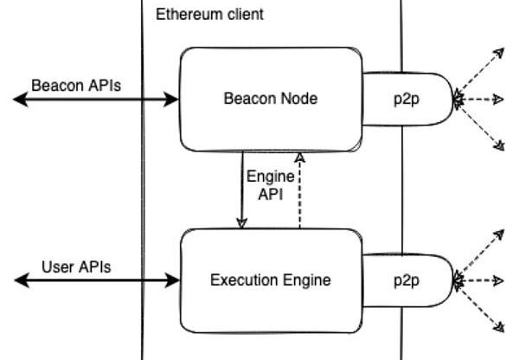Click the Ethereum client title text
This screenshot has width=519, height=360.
pyautogui.click(x=209, y=15)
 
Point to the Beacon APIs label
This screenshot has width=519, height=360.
pyautogui.click(x=76, y=86)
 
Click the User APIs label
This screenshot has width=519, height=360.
pyautogui.click(x=76, y=267)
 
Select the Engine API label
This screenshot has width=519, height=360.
pyautogui.click(x=271, y=184)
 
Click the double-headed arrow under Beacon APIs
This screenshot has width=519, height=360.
pyautogui.click(x=95, y=100)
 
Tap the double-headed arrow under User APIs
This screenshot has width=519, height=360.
pyautogui.click(x=95, y=280)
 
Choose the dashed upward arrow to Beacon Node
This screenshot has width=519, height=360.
pyautogui.click(x=299, y=190)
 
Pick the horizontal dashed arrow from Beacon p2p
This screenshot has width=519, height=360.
pyautogui.click(x=480, y=100)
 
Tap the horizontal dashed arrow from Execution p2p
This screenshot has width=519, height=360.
pyautogui.click(x=480, y=280)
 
